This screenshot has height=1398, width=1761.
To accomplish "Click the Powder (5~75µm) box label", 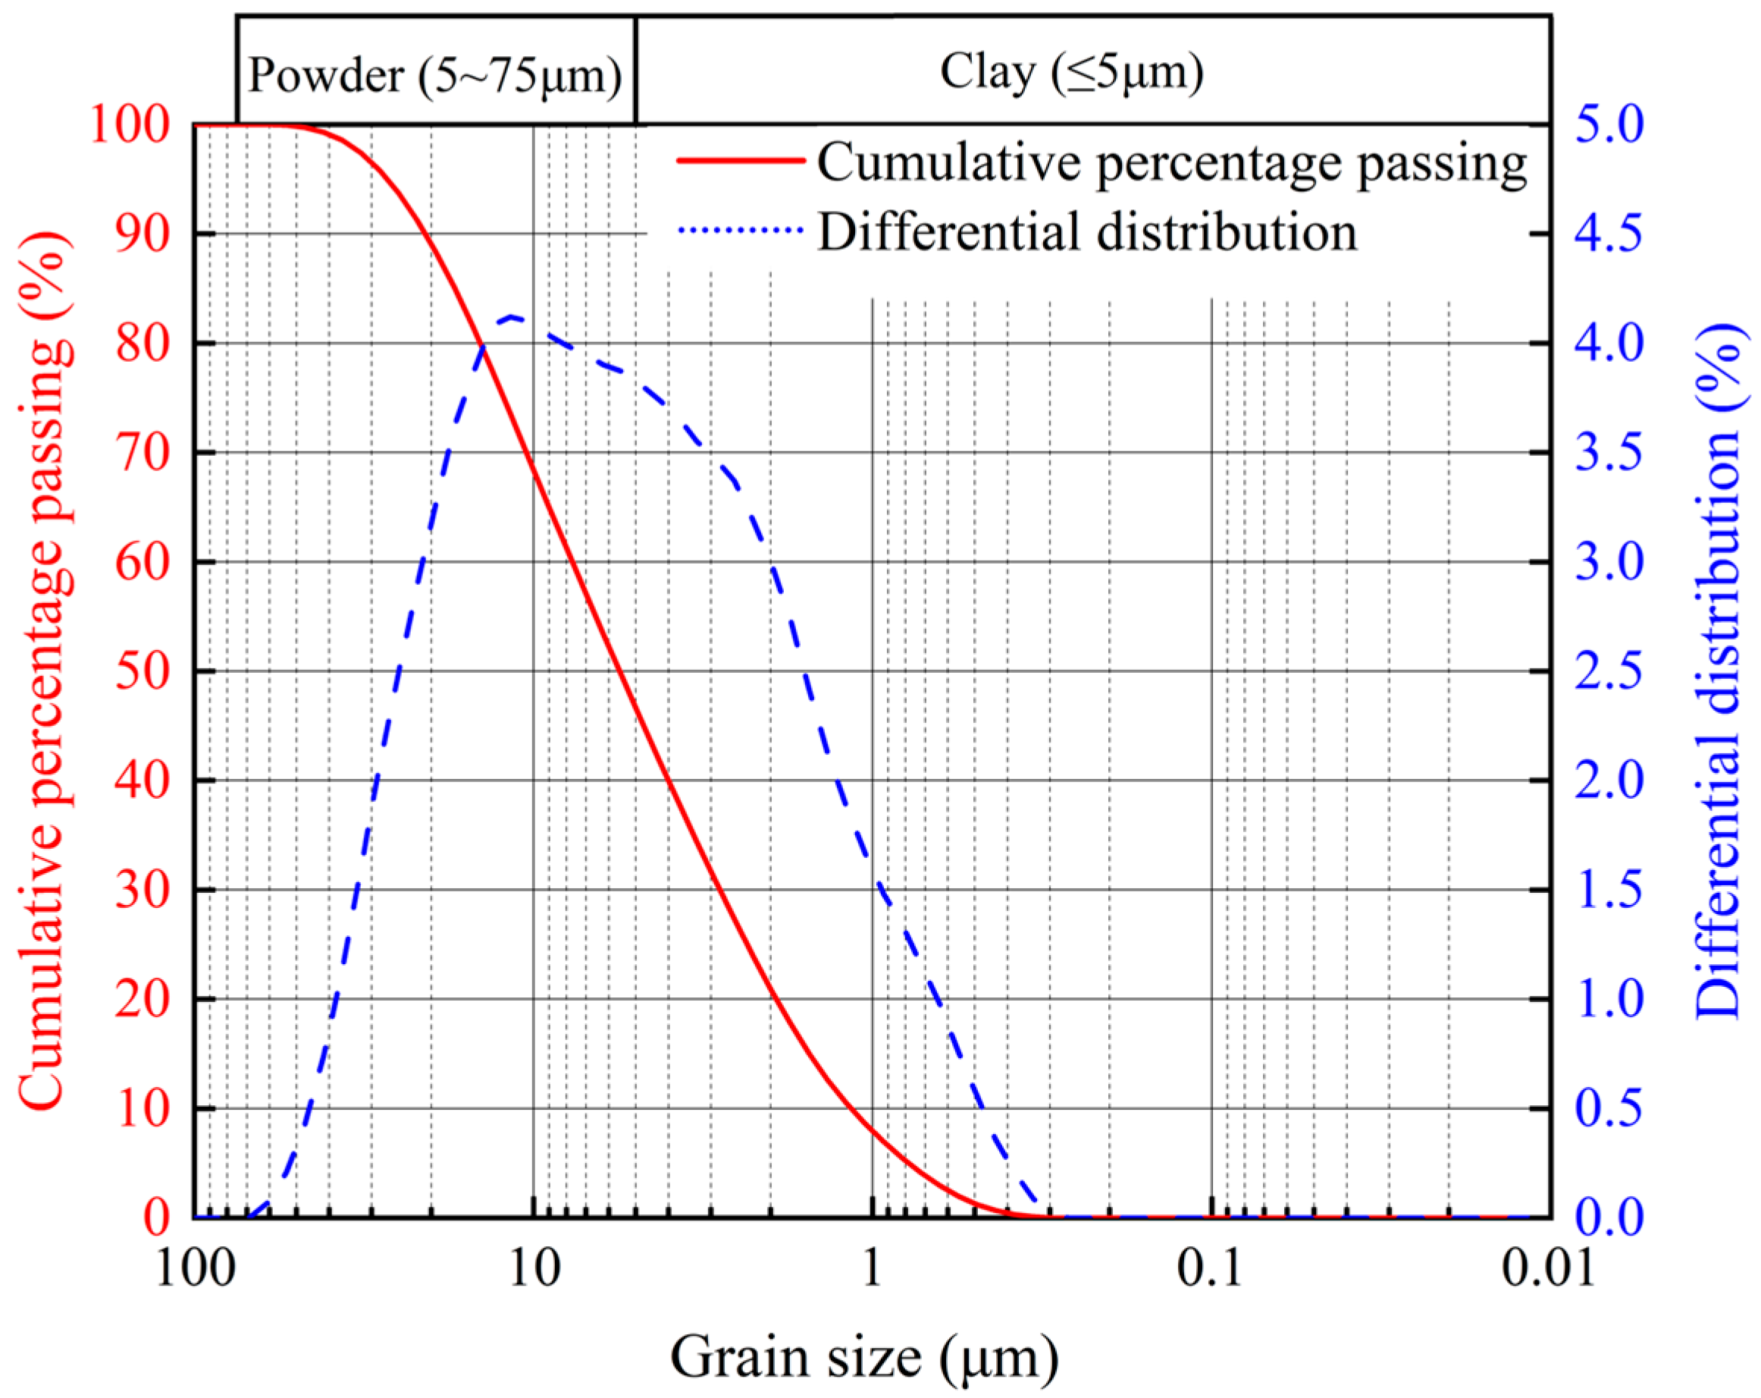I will (x=434, y=76).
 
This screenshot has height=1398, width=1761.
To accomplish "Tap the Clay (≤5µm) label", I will (x=1071, y=72).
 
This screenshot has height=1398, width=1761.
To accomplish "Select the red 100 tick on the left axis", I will (x=130, y=125).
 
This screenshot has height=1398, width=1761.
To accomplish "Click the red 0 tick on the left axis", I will (x=157, y=1218).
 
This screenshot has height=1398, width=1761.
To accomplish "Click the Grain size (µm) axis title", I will (x=864, y=1358).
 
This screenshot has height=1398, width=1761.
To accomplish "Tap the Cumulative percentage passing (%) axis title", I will (x=42, y=670).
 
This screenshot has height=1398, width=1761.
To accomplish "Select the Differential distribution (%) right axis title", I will (x=1720, y=670).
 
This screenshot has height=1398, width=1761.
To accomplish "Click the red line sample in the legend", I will (x=741, y=161).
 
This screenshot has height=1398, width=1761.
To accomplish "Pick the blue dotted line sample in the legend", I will (x=741, y=231).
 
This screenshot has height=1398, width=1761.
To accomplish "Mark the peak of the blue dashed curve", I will (x=511, y=316).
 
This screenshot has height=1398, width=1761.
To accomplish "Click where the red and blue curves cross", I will (x=483, y=347).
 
